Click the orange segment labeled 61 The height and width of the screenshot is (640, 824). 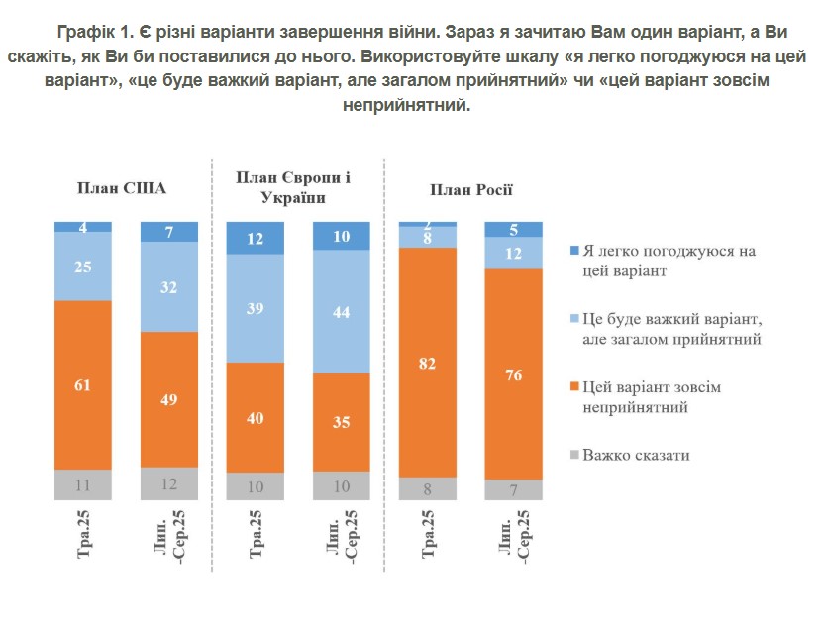click(83, 384)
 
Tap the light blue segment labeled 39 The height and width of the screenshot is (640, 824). click(256, 308)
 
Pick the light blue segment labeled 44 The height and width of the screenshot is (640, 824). click(342, 311)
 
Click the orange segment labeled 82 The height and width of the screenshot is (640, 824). click(428, 362)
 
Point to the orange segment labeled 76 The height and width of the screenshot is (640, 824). click(514, 373)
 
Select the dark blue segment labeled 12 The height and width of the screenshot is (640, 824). click(256, 238)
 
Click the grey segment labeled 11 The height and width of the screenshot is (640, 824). click(83, 484)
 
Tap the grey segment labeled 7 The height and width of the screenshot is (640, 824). click(514, 490)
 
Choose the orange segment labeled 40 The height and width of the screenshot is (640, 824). click(256, 417)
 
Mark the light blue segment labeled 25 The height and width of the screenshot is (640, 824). click(83, 267)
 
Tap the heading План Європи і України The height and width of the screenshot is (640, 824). click(293, 187)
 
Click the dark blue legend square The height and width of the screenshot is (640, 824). click(576, 250)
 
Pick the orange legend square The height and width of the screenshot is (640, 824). click(576, 387)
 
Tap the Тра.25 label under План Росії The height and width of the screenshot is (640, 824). click(428, 536)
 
